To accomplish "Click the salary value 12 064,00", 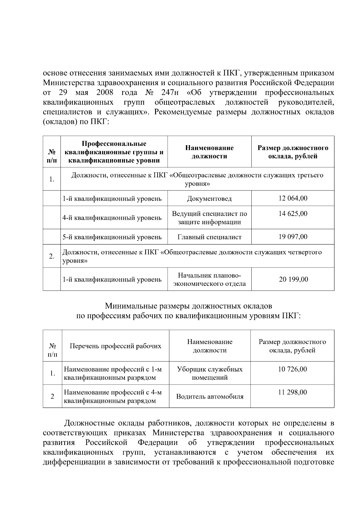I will tap(293, 198).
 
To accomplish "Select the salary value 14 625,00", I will tap(293, 214).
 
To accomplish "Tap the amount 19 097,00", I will tap(293, 237).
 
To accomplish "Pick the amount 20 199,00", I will tap(293, 280).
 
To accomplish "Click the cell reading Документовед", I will tap(209, 199).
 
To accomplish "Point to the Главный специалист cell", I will tap(209, 237).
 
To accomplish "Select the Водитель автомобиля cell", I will tap(210, 397).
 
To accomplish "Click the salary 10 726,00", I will tap(292, 369).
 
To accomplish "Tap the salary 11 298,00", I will tap(292, 392).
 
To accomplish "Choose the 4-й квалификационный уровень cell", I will tap(112, 218).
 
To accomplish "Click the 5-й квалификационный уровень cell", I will tap(112, 237).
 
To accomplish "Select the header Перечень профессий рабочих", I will tap(115, 346).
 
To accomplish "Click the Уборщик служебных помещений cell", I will tap(210, 373).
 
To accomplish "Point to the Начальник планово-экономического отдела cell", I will tap(209, 280).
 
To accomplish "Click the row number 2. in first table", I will tap(52, 256).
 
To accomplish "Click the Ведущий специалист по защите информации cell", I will tap(209, 218).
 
